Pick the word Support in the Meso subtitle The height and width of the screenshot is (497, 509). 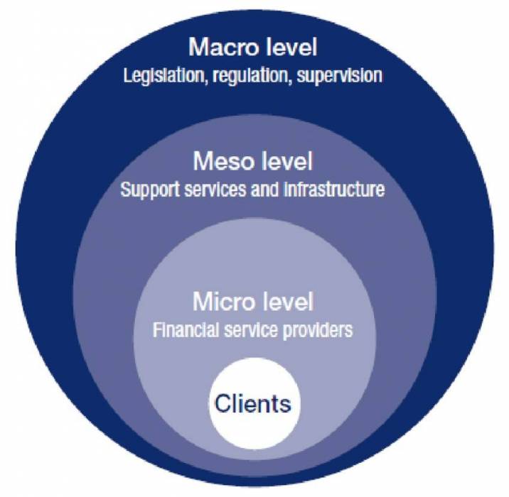coord(145,190)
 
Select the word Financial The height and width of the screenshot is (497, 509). coord(181,329)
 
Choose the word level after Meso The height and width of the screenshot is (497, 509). coord(284,163)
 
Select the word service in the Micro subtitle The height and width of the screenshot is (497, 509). coord(252,329)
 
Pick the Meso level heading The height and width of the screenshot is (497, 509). coord(253,163)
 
